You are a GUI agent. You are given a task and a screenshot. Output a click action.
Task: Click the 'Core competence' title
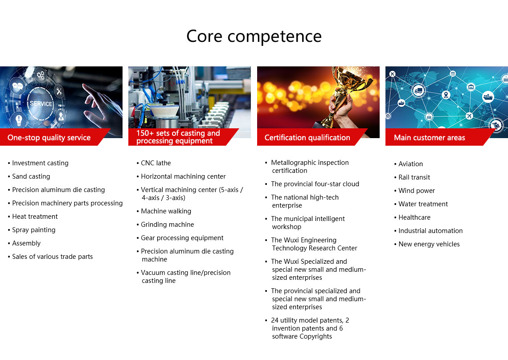click(254, 36)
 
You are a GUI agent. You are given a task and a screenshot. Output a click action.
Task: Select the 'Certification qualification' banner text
click(307, 138)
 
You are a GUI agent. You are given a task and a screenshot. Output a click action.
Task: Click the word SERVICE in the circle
click(41, 104)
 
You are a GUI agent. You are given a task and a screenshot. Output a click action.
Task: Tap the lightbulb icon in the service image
click(19, 120)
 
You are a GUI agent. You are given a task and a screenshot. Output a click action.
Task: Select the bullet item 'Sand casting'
click(31, 176)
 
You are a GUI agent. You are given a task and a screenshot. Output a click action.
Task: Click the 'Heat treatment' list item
click(35, 217)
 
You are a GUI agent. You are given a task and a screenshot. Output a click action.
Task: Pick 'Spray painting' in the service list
click(34, 230)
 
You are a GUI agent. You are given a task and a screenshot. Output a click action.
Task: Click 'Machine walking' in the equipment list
click(166, 211)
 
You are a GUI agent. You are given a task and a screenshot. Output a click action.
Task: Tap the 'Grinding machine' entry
click(167, 225)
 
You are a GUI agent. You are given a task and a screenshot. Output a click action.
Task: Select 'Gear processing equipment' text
click(182, 238)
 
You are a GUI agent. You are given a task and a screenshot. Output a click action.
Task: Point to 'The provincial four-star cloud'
click(315, 184)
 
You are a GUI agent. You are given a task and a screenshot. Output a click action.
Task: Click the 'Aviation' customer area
click(410, 164)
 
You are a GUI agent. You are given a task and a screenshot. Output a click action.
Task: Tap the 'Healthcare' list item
click(414, 217)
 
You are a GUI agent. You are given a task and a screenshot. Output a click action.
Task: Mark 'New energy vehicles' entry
click(429, 244)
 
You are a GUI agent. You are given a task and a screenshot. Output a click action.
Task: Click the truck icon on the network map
click(418, 90)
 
